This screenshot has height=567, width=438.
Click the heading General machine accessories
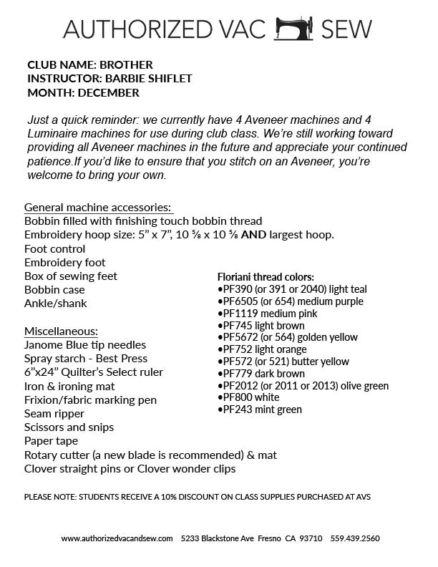pyautogui.click(x=98, y=207)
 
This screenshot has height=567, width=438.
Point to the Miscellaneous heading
pyautogui.click(x=61, y=331)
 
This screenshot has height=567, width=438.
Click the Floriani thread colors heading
pyautogui.click(x=266, y=276)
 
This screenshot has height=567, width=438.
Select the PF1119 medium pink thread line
pyautogui.click(x=267, y=313)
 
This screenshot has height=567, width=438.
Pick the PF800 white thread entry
pyautogui.click(x=248, y=397)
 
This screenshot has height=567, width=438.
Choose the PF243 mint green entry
pyautogui.click(x=259, y=409)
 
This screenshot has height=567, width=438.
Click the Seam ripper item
pyautogui.click(x=54, y=414)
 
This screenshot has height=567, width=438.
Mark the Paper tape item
pyautogui.click(x=51, y=441)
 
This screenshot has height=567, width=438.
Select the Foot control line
pyautogui.click(x=55, y=248)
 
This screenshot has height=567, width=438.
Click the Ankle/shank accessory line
pyautogui.click(x=56, y=304)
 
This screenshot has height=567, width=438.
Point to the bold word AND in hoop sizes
pyautogui.click(x=255, y=235)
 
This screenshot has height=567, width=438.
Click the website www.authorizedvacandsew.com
pyautogui.click(x=117, y=538)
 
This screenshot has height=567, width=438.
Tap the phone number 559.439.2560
pyautogui.click(x=355, y=538)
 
